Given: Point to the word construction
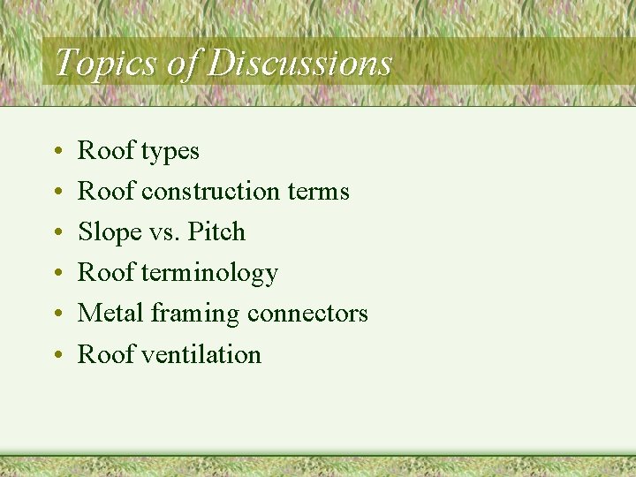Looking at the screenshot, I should (x=210, y=192).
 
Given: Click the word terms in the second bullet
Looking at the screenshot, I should (x=319, y=192).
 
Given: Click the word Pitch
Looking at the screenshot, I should (x=215, y=232).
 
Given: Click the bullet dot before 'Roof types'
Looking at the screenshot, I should (x=57, y=153).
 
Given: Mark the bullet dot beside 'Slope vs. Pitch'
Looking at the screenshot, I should (x=57, y=234).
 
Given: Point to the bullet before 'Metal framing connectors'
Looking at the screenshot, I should (x=57, y=315).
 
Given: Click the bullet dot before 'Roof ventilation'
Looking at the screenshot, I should (x=57, y=356).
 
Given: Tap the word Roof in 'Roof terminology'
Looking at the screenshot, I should (x=106, y=273).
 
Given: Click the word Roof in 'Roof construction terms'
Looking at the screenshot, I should (x=106, y=192).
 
